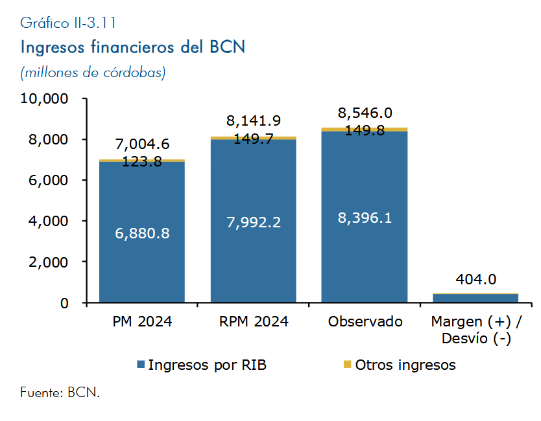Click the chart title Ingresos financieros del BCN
[133, 47]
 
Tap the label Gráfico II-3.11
[68, 23]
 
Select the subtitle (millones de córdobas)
[93, 72]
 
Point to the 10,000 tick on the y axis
[45, 98]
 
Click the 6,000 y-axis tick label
[49, 180]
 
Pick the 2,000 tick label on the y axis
[49, 262]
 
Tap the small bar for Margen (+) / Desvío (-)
[475, 298]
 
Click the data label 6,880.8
[142, 233]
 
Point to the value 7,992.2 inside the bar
[254, 222]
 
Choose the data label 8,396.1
[365, 218]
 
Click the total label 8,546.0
[365, 114]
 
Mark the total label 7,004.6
[142, 144]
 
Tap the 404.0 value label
[475, 279]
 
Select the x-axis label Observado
[365, 322]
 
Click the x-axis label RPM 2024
[254, 322]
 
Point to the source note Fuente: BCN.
[60, 393]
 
